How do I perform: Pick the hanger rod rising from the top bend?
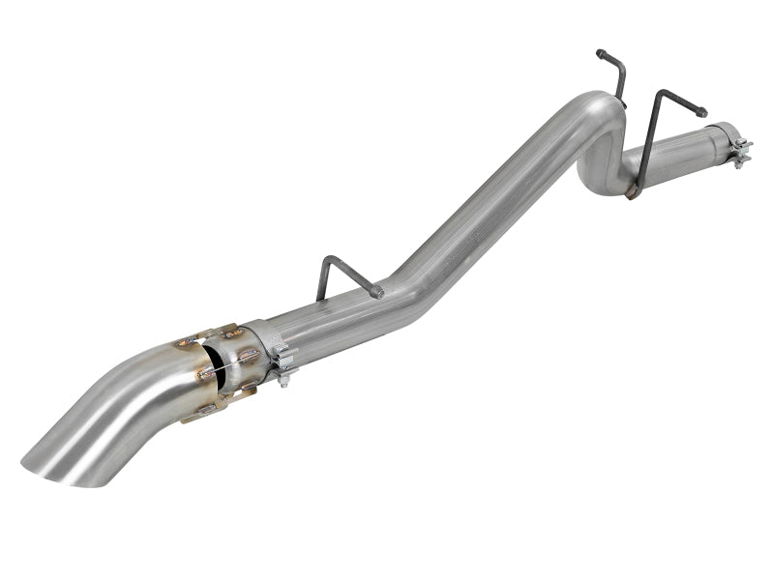coord(615,77)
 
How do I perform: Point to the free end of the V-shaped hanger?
coord(701,113)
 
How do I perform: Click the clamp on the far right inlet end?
coord(740,149)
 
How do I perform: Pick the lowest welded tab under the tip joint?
coord(206,411)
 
